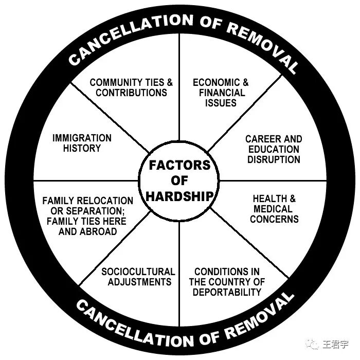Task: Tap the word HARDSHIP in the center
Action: click(x=180, y=195)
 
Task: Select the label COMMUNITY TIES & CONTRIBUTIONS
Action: click(x=131, y=87)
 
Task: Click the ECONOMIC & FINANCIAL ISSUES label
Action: click(x=221, y=93)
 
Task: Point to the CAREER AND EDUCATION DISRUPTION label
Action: click(x=274, y=149)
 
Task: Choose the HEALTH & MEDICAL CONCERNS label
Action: click(x=275, y=209)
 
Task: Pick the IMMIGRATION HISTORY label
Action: click(x=82, y=143)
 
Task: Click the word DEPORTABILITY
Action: click(x=227, y=292)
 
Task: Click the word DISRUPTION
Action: click(x=274, y=159)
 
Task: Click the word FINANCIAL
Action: click(x=222, y=93)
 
